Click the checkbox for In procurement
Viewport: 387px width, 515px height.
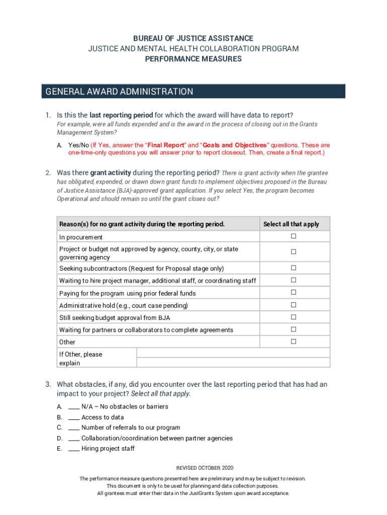point(293,236)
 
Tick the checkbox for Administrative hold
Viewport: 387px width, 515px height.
point(293,305)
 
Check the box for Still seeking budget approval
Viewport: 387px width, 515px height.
point(293,317)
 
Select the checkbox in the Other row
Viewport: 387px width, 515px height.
point(293,341)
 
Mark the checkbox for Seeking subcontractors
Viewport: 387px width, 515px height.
point(293,268)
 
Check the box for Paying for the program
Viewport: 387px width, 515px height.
point(293,293)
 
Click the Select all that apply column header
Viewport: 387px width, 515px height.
point(291,224)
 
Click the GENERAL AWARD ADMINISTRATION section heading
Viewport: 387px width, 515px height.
point(119,92)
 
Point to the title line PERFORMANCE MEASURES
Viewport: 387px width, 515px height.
point(193,59)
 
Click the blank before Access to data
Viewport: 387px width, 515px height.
point(73,417)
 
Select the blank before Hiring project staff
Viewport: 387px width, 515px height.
point(73,449)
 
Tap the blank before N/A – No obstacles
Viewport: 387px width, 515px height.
point(73,407)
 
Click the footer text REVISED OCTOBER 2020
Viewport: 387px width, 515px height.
point(193,468)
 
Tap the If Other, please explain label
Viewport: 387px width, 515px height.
point(80,359)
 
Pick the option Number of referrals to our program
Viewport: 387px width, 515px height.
point(131,427)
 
